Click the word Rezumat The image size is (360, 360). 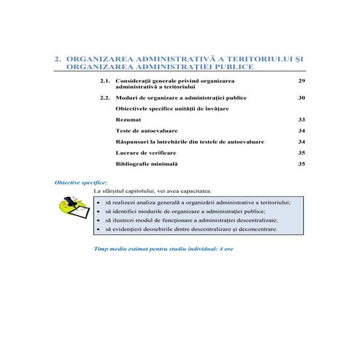[128, 119]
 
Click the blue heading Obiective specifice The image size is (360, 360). [81, 182]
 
